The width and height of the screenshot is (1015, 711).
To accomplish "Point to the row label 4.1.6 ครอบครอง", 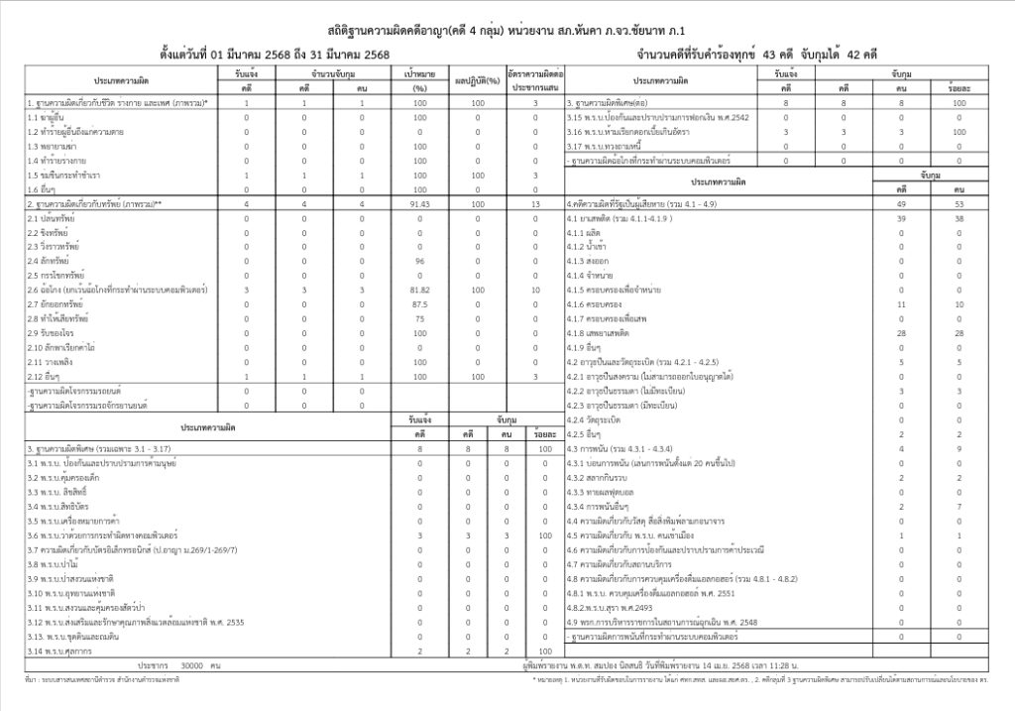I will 597,304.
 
